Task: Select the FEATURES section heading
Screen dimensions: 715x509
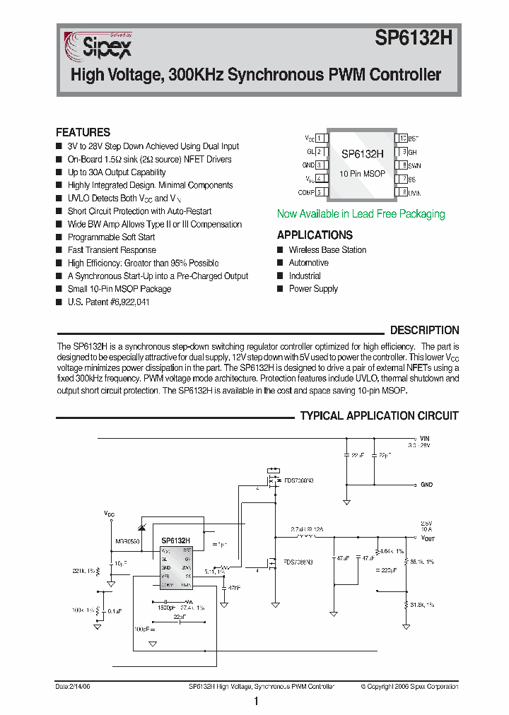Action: point(83,132)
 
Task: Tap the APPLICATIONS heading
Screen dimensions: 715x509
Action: point(315,235)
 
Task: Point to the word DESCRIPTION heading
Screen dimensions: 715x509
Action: point(424,330)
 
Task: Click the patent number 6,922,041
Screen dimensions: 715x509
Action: point(124,302)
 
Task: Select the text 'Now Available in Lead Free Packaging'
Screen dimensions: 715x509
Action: point(361,213)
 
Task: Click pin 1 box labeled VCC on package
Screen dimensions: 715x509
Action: point(320,138)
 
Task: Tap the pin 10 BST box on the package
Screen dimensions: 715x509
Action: point(402,138)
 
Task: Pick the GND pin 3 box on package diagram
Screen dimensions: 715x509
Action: point(320,165)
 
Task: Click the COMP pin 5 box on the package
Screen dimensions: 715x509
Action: point(320,192)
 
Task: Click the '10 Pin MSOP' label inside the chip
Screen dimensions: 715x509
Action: point(361,173)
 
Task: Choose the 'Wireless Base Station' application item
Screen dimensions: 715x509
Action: point(327,249)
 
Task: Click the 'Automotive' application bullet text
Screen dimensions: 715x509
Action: point(308,263)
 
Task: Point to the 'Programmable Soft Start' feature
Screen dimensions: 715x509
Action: point(111,237)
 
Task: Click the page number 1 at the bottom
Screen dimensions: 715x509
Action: point(255,702)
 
